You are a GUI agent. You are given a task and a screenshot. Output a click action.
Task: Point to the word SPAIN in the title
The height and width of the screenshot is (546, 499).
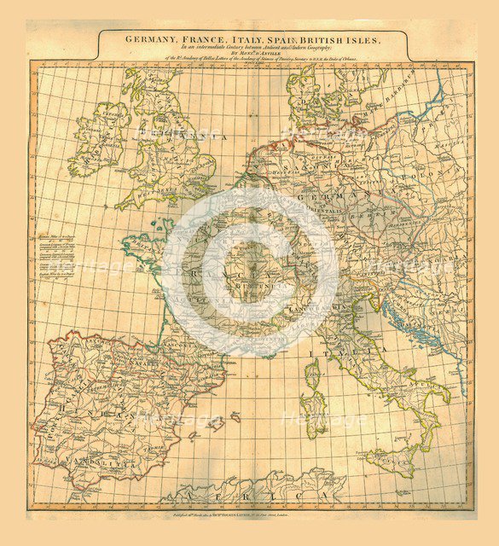click(289, 38)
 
